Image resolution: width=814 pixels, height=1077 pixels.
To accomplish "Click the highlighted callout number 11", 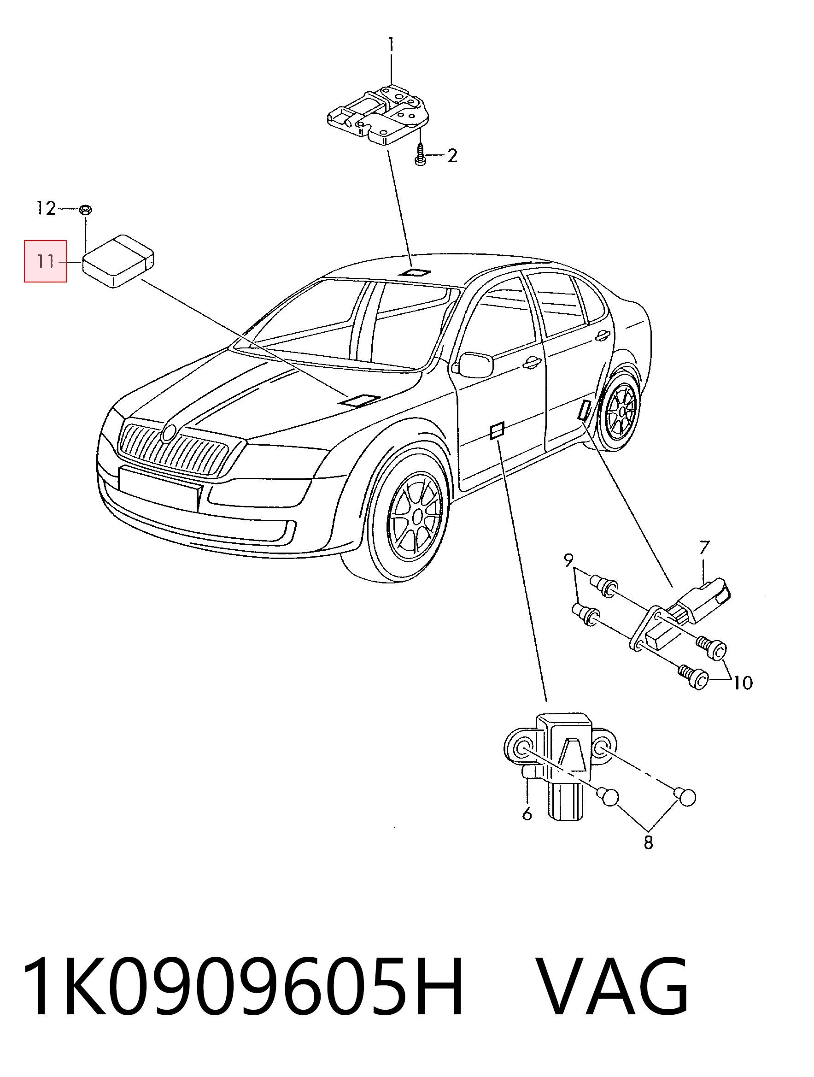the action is click(46, 261).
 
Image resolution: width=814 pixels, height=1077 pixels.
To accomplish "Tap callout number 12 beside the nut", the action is click(46, 208).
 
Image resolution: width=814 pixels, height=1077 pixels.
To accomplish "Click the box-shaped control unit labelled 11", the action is click(118, 262).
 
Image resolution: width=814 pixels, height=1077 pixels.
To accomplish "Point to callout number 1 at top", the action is click(391, 45).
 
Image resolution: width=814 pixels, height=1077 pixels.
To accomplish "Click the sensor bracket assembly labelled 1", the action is click(378, 115).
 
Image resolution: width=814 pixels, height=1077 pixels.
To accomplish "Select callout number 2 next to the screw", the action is click(452, 156).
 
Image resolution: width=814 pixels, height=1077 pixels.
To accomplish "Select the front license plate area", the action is click(160, 488).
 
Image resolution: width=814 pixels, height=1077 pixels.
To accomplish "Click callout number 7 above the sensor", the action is click(704, 547).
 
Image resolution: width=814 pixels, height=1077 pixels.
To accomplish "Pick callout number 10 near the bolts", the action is click(743, 683).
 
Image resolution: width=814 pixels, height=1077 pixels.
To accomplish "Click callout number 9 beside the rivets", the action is click(568, 560).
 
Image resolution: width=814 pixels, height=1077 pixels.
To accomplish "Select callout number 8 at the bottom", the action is click(649, 842).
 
